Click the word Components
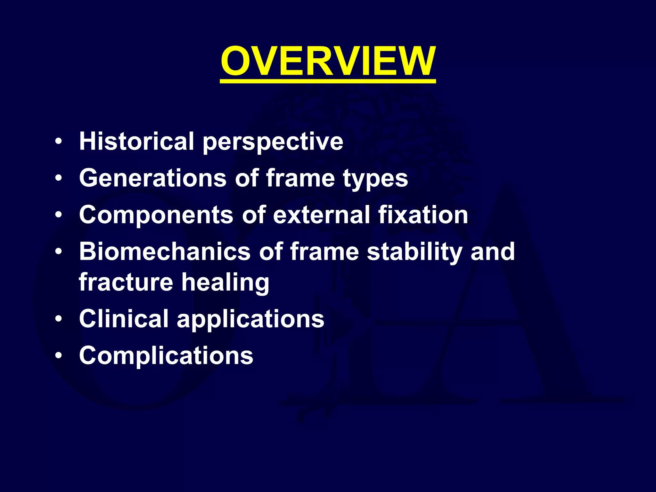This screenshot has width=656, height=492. (x=156, y=215)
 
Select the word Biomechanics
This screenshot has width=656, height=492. (x=165, y=251)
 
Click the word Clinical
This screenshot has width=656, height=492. (x=124, y=319)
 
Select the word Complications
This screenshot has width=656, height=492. (x=166, y=356)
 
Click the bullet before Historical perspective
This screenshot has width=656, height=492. (x=58, y=141)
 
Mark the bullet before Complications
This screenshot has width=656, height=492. (x=58, y=356)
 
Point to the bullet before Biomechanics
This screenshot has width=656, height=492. (x=58, y=251)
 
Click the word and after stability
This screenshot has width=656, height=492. (x=492, y=251)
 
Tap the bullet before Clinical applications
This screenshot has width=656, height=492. (x=58, y=319)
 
